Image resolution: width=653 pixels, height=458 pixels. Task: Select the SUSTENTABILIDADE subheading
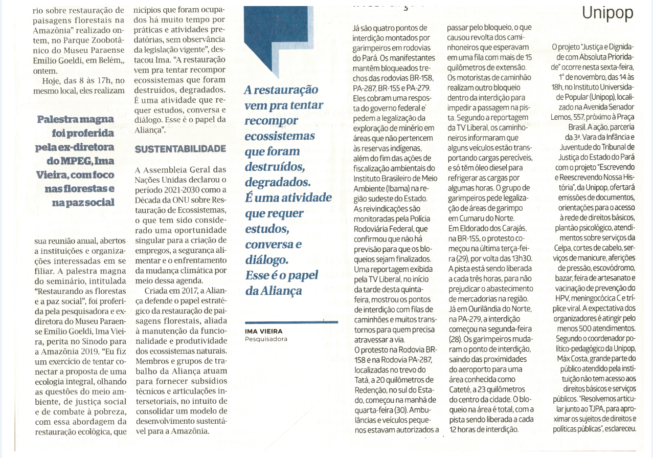(180, 149)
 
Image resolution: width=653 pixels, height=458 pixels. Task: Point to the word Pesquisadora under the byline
(266, 339)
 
